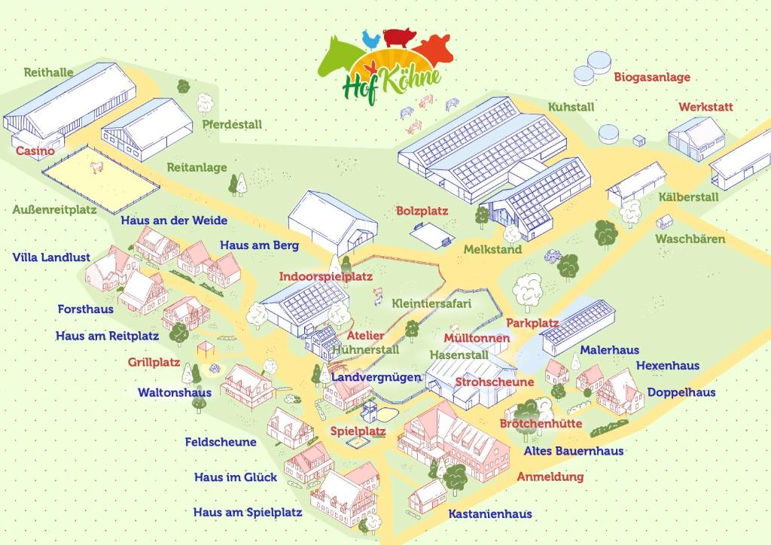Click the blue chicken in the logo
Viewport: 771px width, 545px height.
369,38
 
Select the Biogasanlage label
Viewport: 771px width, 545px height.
651,77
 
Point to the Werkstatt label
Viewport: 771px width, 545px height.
705,107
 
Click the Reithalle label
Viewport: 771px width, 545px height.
48,72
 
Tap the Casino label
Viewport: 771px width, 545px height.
35,151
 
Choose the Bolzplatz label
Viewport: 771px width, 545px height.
422,212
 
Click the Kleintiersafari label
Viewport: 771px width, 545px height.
431,303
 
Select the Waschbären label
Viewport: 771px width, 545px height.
690,239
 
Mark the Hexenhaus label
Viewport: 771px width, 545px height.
667,365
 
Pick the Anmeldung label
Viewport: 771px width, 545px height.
550,476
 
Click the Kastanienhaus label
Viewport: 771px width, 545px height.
490,513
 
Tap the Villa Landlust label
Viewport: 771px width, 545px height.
51,257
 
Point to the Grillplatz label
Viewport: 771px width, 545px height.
154,361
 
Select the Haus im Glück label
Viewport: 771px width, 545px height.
236,476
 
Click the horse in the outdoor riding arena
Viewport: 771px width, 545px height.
96,166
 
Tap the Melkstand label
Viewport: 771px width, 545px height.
492,249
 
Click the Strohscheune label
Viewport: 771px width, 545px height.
494,382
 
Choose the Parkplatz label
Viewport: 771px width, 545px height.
532,322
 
